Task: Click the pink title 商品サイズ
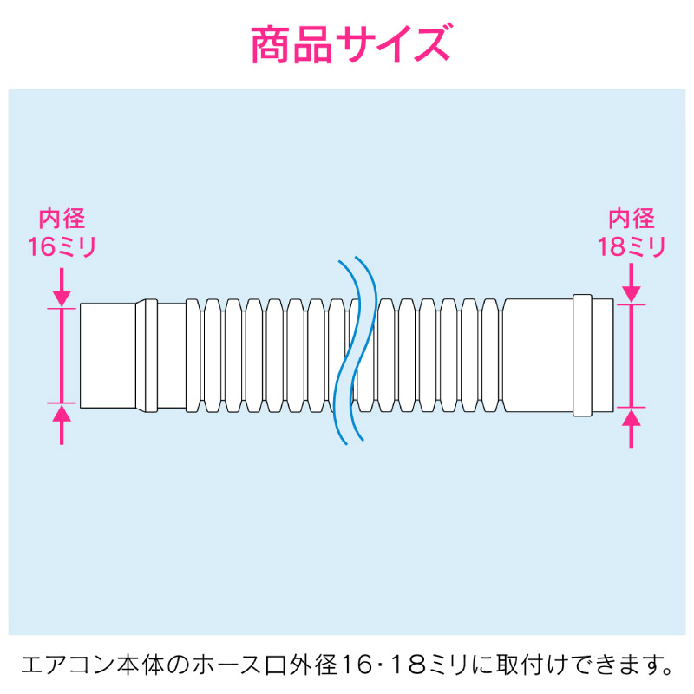[350, 44]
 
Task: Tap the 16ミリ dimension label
[62, 246]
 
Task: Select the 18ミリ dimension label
[632, 246]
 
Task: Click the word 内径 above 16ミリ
[62, 219]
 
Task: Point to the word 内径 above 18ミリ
[632, 219]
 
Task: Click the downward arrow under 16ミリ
[62, 287]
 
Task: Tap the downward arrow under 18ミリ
[632, 284]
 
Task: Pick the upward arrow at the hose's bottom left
[62, 424]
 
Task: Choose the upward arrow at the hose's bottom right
[632, 429]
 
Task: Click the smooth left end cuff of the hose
[108, 356]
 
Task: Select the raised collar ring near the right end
[582, 356]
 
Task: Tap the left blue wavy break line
[346, 352]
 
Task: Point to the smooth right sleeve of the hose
[538, 356]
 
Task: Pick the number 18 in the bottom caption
[405, 665]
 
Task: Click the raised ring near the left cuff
[151, 356]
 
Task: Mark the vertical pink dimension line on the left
[62, 356]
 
